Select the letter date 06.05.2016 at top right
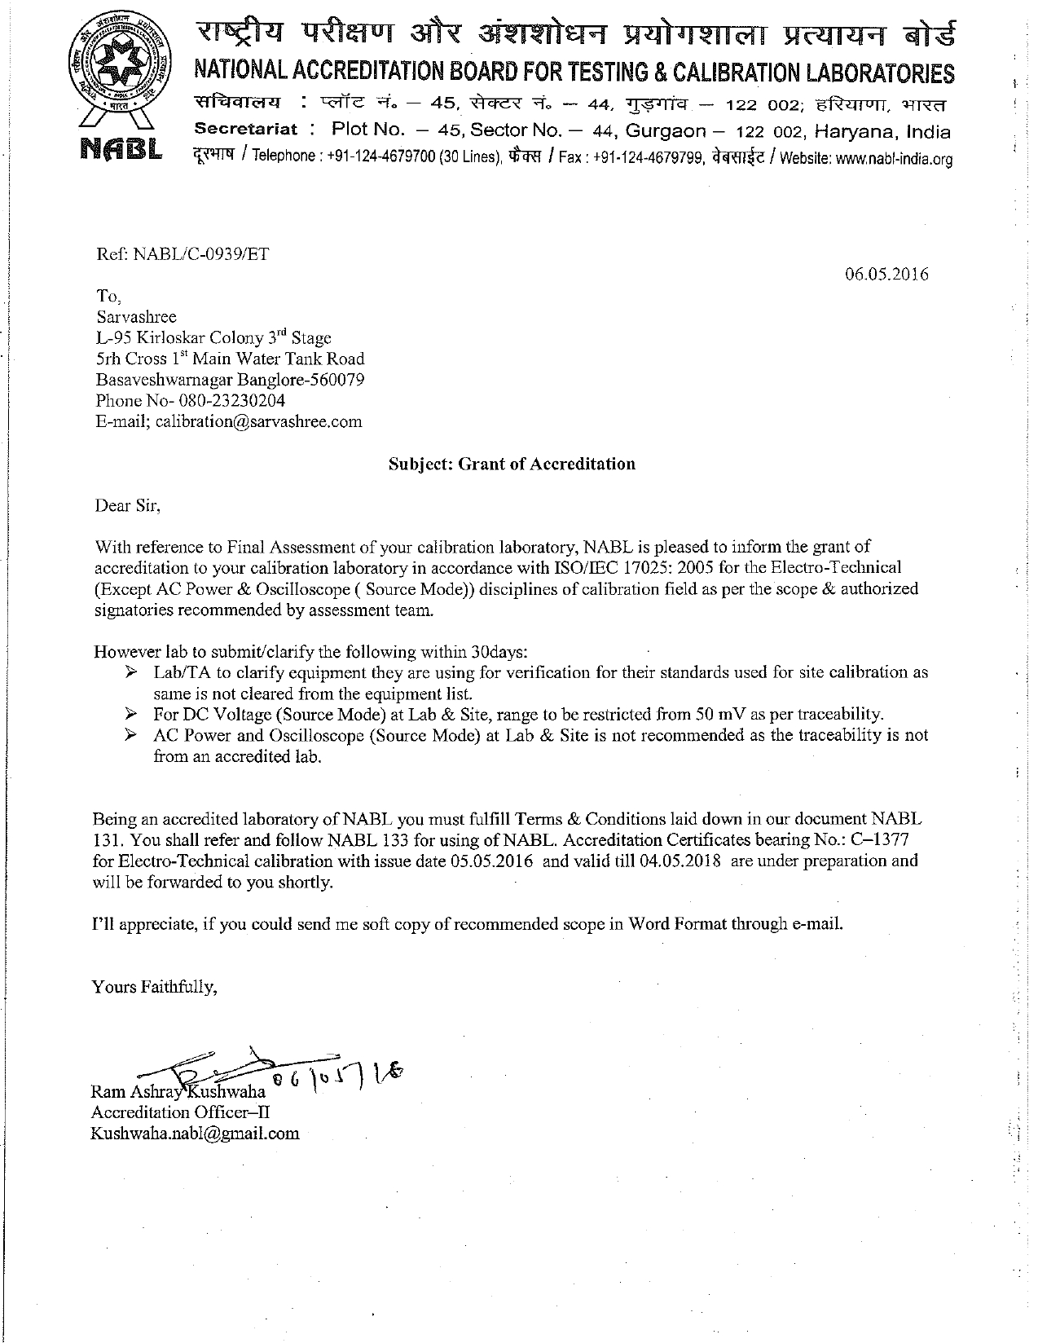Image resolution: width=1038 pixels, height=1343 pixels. [x=886, y=274]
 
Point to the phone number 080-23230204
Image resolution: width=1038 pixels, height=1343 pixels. [x=227, y=400]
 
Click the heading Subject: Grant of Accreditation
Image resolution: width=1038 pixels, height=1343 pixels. [x=511, y=464]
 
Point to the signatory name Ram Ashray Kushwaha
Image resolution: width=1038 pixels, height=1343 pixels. [x=178, y=1091]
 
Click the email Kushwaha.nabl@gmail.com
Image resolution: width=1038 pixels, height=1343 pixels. [x=195, y=1134]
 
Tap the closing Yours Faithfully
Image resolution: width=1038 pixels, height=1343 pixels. [x=155, y=987]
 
